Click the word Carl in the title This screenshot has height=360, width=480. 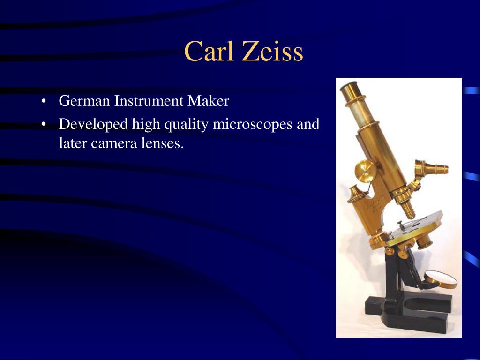[209, 51]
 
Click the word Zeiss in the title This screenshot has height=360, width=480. [272, 51]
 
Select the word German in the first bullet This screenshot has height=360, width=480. [84, 101]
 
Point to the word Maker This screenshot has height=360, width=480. [208, 101]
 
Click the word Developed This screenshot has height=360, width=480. [93, 124]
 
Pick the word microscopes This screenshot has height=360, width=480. [253, 124]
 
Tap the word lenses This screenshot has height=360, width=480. [162, 143]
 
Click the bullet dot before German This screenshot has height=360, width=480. [44, 101]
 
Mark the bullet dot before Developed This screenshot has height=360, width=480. [44, 124]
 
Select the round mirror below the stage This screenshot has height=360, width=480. [441, 279]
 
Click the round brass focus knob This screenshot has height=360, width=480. [366, 171]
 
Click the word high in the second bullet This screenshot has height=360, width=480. [146, 124]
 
